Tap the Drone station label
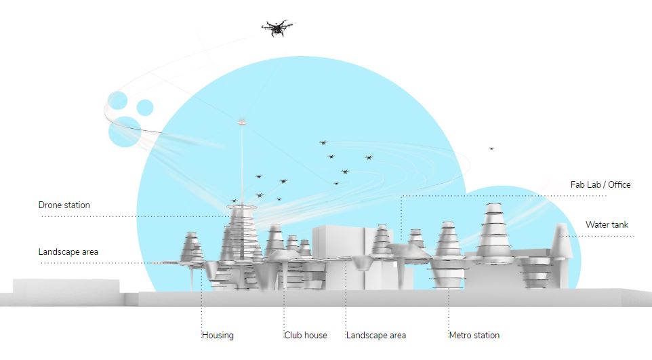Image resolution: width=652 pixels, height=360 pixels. click(x=64, y=205)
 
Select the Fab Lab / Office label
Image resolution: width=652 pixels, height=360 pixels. click(x=600, y=184)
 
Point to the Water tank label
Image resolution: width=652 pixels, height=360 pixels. click(x=607, y=225)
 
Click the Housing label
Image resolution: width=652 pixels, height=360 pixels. click(x=218, y=335)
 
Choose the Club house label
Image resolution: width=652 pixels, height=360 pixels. click(x=306, y=335)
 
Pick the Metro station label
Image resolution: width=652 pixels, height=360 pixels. click(x=474, y=335)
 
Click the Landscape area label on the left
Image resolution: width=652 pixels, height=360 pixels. click(x=68, y=252)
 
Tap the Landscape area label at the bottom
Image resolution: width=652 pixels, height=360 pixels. click(x=376, y=335)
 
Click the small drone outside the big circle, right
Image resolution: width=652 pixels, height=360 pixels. click(x=491, y=148)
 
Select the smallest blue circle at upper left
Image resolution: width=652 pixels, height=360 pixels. click(x=145, y=107)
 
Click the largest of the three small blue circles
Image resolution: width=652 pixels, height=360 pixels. click(x=123, y=131)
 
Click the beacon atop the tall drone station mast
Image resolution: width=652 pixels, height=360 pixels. click(x=241, y=123)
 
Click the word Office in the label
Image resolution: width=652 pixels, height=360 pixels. click(x=617, y=184)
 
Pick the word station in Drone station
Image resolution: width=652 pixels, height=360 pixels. click(x=77, y=205)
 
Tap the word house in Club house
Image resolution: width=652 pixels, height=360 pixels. click(x=315, y=335)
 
